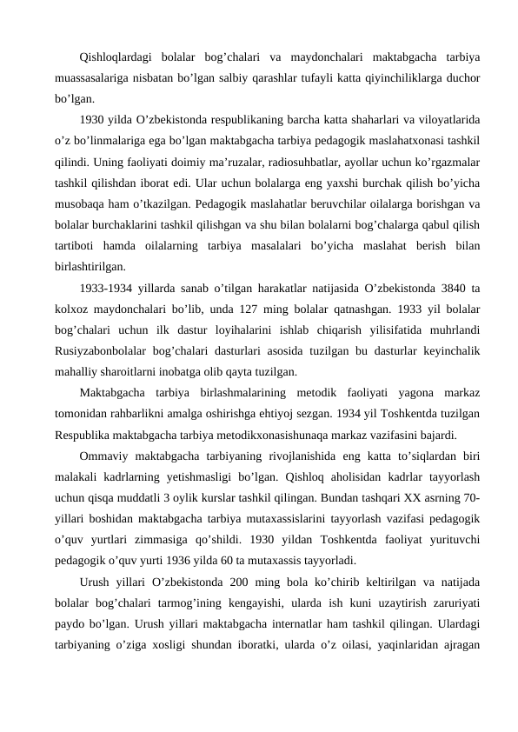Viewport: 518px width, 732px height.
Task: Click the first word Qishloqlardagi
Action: [116, 59]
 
